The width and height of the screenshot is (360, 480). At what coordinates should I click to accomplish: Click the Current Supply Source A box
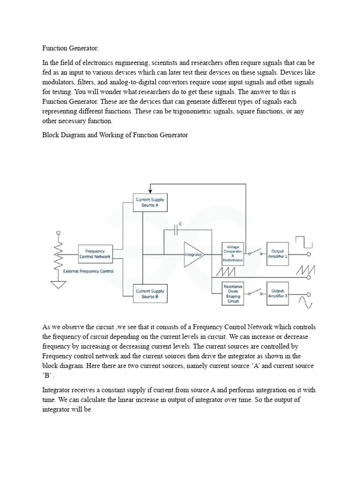(150, 202)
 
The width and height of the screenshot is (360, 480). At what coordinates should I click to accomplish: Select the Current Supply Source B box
(150, 294)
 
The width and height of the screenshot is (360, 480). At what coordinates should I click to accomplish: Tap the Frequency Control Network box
(95, 254)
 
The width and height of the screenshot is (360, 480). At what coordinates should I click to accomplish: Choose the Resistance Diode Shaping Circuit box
(233, 293)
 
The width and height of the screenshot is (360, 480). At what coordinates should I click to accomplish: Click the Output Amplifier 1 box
(278, 254)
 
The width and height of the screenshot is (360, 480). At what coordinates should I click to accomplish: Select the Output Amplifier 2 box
(278, 293)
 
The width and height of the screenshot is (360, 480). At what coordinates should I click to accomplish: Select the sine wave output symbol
(307, 301)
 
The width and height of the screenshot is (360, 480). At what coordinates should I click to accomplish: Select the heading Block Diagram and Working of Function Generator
(115, 135)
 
